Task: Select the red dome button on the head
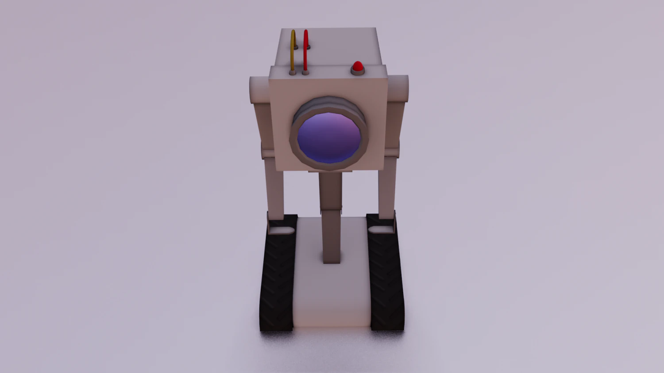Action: point(357,66)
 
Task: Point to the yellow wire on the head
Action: point(293,49)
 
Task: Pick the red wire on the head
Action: point(305,49)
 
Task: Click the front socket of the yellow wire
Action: point(293,72)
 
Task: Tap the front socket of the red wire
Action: point(305,72)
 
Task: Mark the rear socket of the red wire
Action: point(309,46)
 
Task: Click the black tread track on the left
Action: point(277,283)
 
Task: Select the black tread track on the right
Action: point(386,283)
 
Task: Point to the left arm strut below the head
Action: point(274,190)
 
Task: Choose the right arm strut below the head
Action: point(386,190)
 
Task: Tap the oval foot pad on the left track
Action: point(282,230)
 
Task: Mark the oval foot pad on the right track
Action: point(381,229)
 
